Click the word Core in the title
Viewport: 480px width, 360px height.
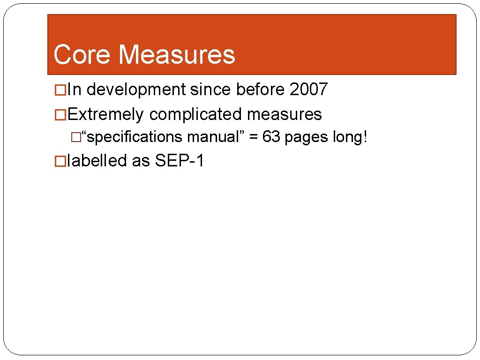(82, 54)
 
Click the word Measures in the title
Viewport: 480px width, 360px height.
(177, 54)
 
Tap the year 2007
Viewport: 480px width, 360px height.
(308, 89)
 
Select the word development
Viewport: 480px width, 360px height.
(136, 89)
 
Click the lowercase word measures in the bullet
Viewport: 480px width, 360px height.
(285, 114)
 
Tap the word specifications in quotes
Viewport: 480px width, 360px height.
(134, 137)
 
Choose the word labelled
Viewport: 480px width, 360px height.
(97, 161)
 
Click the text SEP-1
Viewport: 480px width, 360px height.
(180, 161)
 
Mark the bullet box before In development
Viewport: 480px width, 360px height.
(60, 90)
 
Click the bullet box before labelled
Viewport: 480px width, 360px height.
(60, 161)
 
